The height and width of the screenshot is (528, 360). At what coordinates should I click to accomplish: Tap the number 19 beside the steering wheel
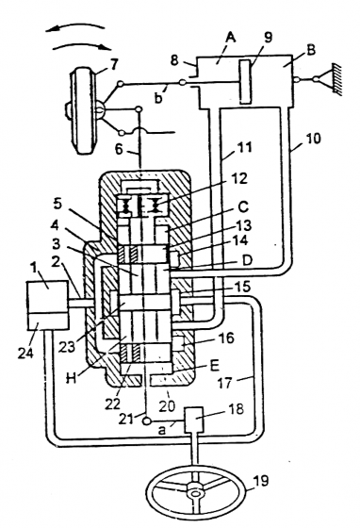tap(260, 481)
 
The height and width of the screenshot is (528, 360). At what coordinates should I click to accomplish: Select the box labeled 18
tap(193, 420)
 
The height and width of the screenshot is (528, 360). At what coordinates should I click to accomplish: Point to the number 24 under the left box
tap(25, 353)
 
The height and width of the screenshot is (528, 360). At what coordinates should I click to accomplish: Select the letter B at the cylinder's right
tap(310, 49)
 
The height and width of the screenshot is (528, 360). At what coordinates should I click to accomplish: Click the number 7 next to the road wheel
tap(114, 64)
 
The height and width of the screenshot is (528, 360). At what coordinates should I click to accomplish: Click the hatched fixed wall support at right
tap(337, 79)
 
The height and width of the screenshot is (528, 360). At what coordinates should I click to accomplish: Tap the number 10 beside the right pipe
tap(313, 138)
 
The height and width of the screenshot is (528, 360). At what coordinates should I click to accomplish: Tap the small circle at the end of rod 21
tap(147, 421)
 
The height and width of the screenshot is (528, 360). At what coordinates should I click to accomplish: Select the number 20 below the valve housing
tap(168, 405)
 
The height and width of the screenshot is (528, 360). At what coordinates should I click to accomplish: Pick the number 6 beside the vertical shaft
tap(120, 149)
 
